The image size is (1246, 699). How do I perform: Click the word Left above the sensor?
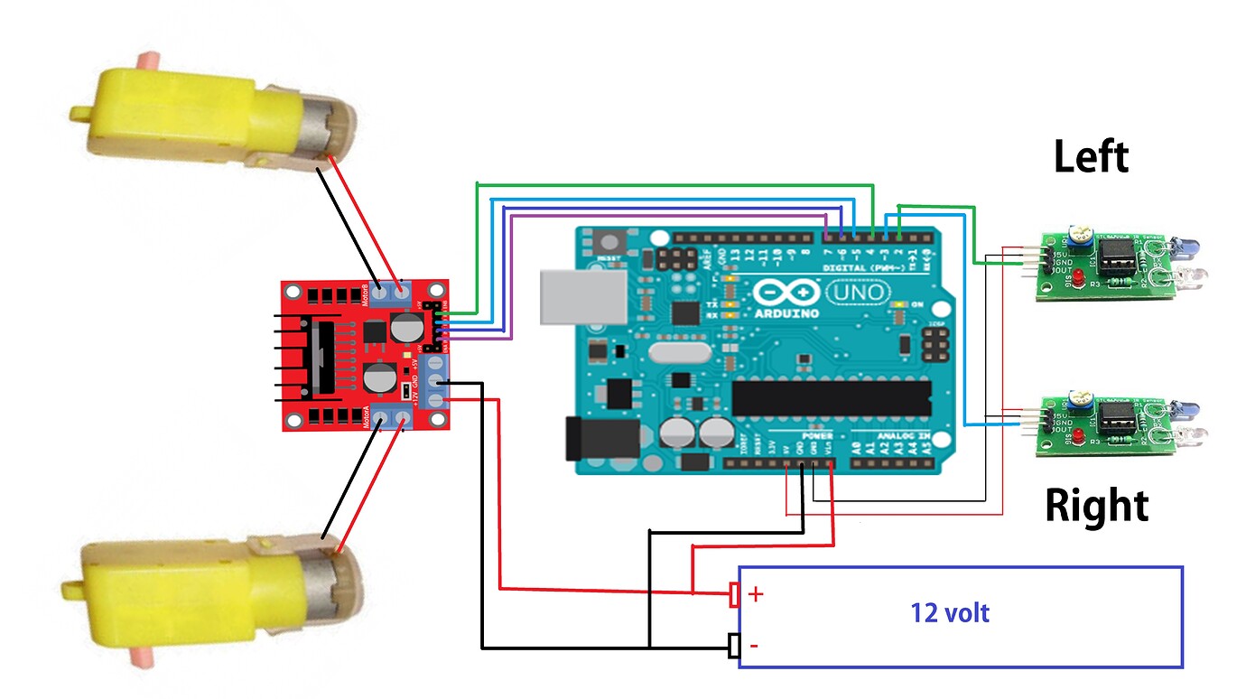(x=1091, y=157)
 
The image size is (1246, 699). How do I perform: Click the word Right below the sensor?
(x=1096, y=506)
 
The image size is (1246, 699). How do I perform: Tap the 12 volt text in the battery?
(x=950, y=613)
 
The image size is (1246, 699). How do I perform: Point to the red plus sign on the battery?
(x=756, y=594)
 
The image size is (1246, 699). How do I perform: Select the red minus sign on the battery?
(x=754, y=646)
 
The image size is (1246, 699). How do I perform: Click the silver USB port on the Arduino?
(x=581, y=295)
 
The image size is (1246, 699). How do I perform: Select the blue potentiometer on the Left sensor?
(x=1076, y=237)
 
